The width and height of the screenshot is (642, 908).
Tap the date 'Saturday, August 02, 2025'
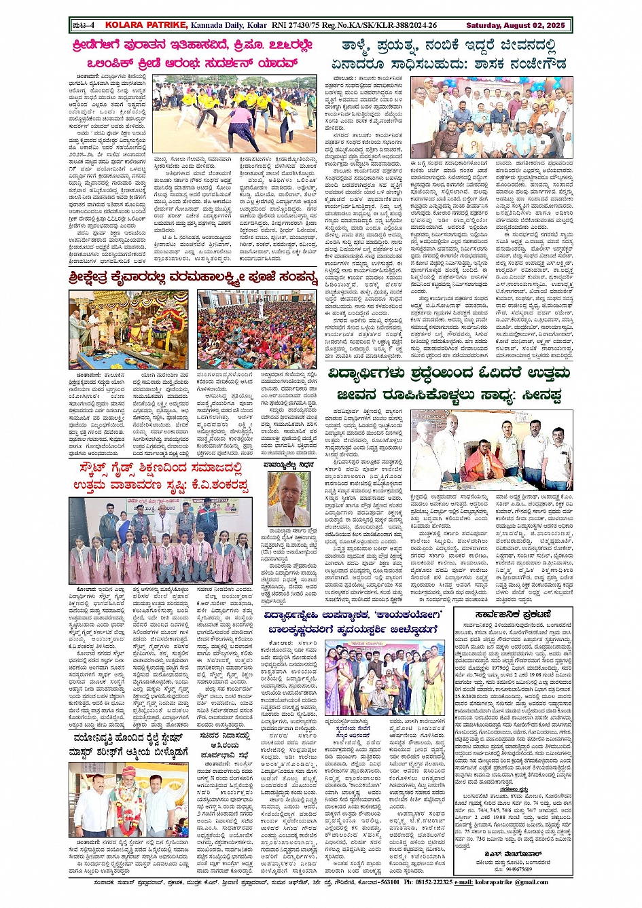point(515,25)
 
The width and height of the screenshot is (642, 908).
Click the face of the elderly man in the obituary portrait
point(289,494)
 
